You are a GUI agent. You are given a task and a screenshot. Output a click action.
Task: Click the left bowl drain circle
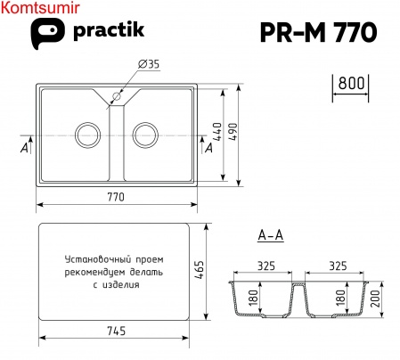tap(88, 135)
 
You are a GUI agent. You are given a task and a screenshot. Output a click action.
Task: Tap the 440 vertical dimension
tap(216, 133)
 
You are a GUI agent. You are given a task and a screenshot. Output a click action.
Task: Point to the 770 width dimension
tap(115, 197)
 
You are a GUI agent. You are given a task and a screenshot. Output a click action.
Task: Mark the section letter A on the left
tap(22, 149)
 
